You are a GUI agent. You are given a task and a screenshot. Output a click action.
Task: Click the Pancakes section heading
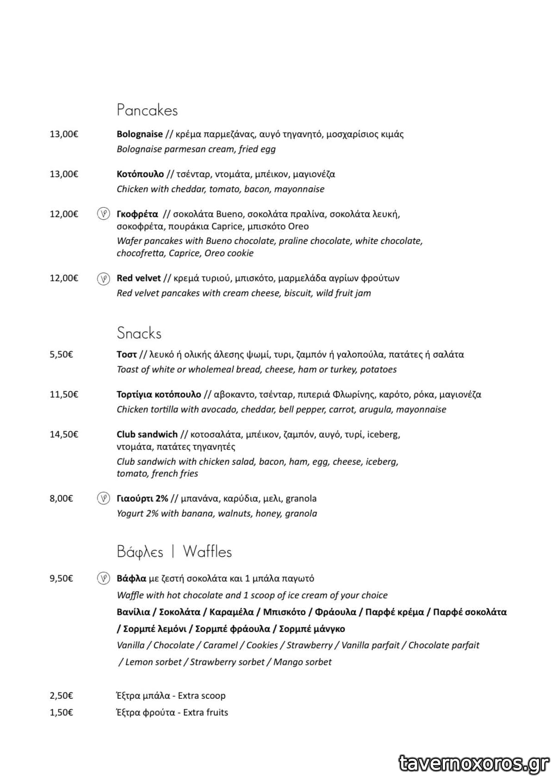tap(147, 110)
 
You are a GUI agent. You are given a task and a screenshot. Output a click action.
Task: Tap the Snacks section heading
tap(139, 333)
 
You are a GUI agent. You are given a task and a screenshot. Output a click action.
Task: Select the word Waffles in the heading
tap(207, 551)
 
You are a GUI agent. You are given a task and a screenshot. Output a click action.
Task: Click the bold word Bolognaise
tap(139, 134)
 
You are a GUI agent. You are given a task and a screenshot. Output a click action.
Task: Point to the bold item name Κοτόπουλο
tap(140, 174)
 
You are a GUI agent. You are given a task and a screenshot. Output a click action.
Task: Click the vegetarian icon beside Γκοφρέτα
tap(103, 214)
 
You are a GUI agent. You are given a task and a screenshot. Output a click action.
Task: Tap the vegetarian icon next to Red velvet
tap(103, 278)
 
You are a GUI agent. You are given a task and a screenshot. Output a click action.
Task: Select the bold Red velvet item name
tap(138, 278)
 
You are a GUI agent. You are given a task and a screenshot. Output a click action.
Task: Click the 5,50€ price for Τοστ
tap(61, 355)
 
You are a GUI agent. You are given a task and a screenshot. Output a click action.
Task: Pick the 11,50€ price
tap(64, 394)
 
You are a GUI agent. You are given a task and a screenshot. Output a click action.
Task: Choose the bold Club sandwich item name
tap(147, 434)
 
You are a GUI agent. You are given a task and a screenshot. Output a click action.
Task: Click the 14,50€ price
tap(64, 434)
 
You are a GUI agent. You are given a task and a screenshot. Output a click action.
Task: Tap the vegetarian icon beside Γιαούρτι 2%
tap(103, 499)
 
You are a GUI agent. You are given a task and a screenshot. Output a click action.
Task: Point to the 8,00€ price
tap(61, 499)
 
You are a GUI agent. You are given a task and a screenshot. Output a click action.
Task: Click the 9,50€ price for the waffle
tap(61, 578)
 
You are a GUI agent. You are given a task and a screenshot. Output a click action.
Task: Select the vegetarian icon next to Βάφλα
tap(103, 578)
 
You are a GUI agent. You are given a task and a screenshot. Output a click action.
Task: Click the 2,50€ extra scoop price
tap(61, 696)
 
